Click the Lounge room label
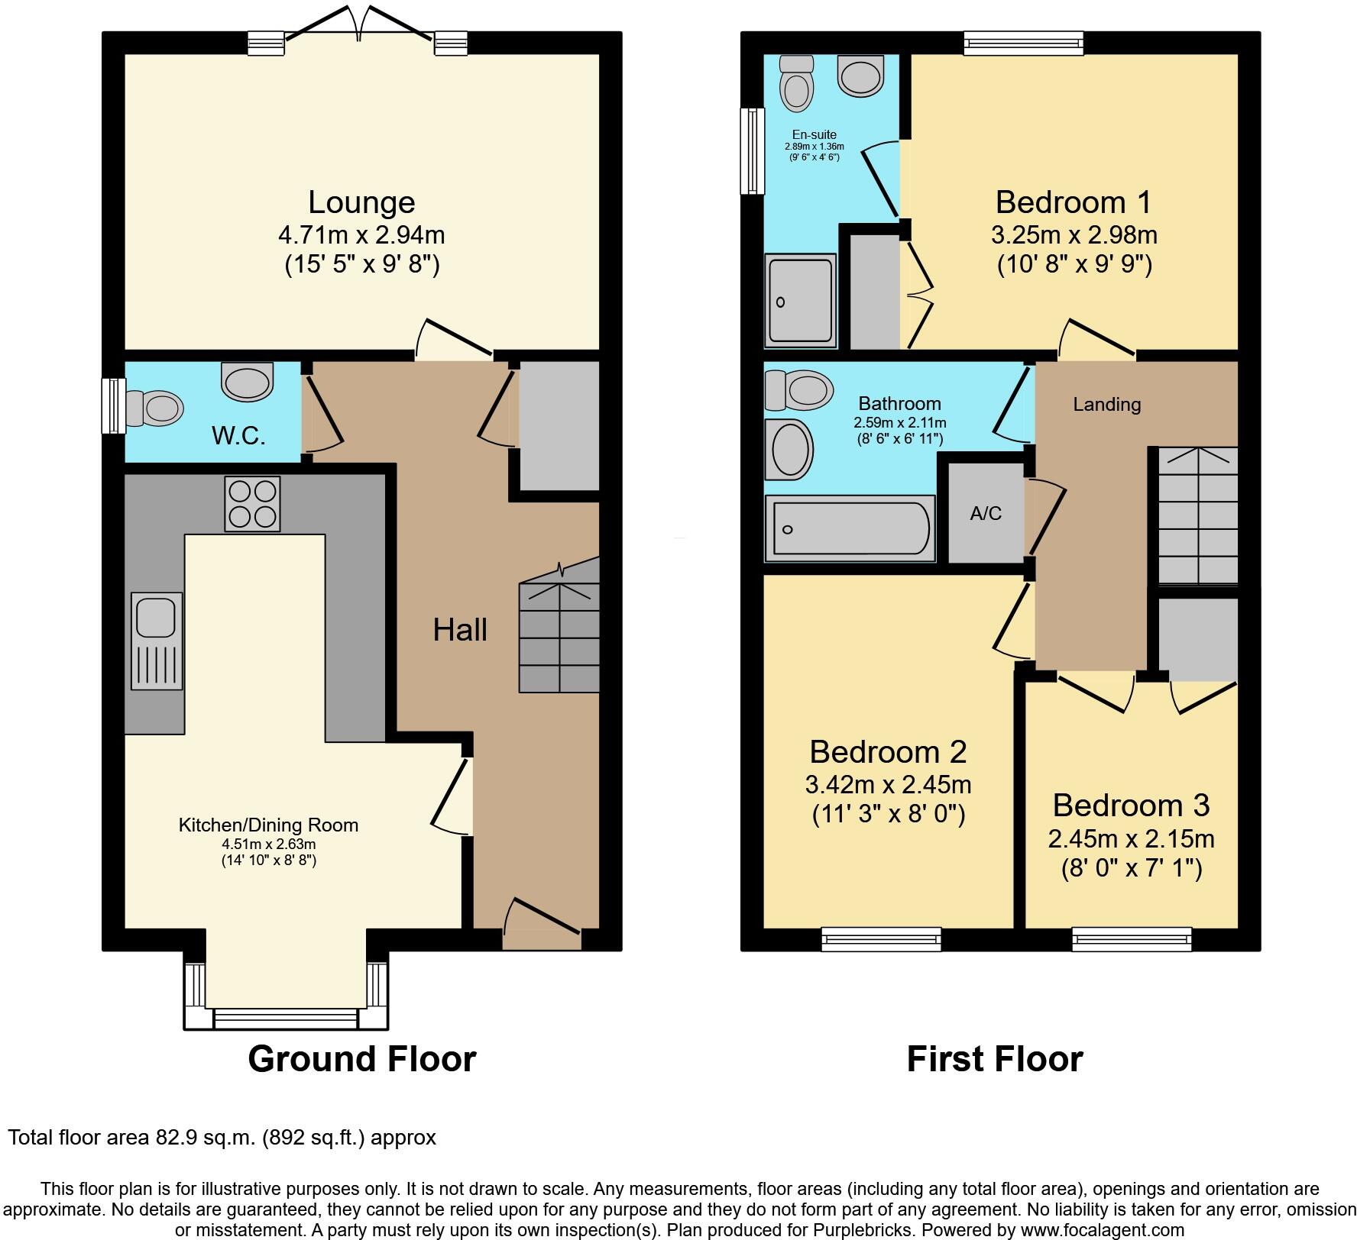[361, 202]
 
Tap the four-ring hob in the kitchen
[252, 504]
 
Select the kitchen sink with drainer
[157, 641]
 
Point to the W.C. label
[238, 436]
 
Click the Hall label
[459, 630]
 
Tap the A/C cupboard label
[985, 514]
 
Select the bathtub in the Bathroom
[850, 528]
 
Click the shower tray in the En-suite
[801, 301]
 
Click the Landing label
[1106, 405]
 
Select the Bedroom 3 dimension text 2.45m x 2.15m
[1131, 839]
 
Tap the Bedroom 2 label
[888, 752]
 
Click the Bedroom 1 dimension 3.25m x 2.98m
[1074, 234]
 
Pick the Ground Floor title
[361, 1059]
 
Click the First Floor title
[994, 1059]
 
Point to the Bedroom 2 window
[881, 939]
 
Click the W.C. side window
[114, 406]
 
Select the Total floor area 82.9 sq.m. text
[222, 1138]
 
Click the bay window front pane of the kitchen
[285, 1018]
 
